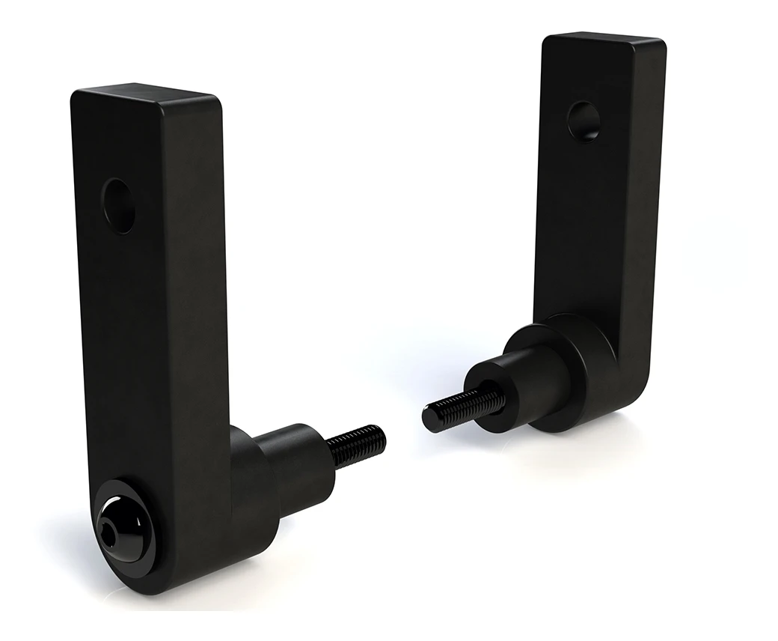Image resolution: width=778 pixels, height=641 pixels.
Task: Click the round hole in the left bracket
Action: click(x=120, y=204)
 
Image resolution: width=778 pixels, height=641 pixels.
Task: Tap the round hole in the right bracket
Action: click(x=584, y=121)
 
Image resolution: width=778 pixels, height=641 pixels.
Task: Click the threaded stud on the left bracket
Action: click(x=358, y=446)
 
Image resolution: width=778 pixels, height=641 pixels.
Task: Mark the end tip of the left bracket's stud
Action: click(x=381, y=435)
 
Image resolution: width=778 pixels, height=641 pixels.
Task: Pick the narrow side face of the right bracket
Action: click(x=648, y=210)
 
